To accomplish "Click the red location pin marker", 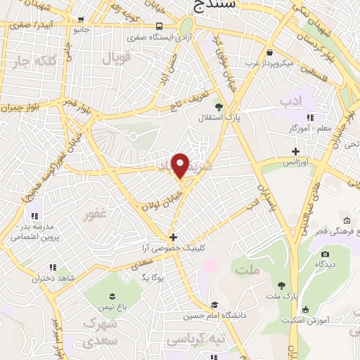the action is coord(181,165).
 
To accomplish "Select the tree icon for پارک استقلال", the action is coord(219,107).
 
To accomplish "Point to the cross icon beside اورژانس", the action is coord(296,151).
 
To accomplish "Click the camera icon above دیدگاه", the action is coord(324,255).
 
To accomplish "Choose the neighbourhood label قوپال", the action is coord(117,58).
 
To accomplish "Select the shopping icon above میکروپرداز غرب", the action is coord(270,53).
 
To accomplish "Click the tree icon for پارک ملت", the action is coord(282,285).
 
